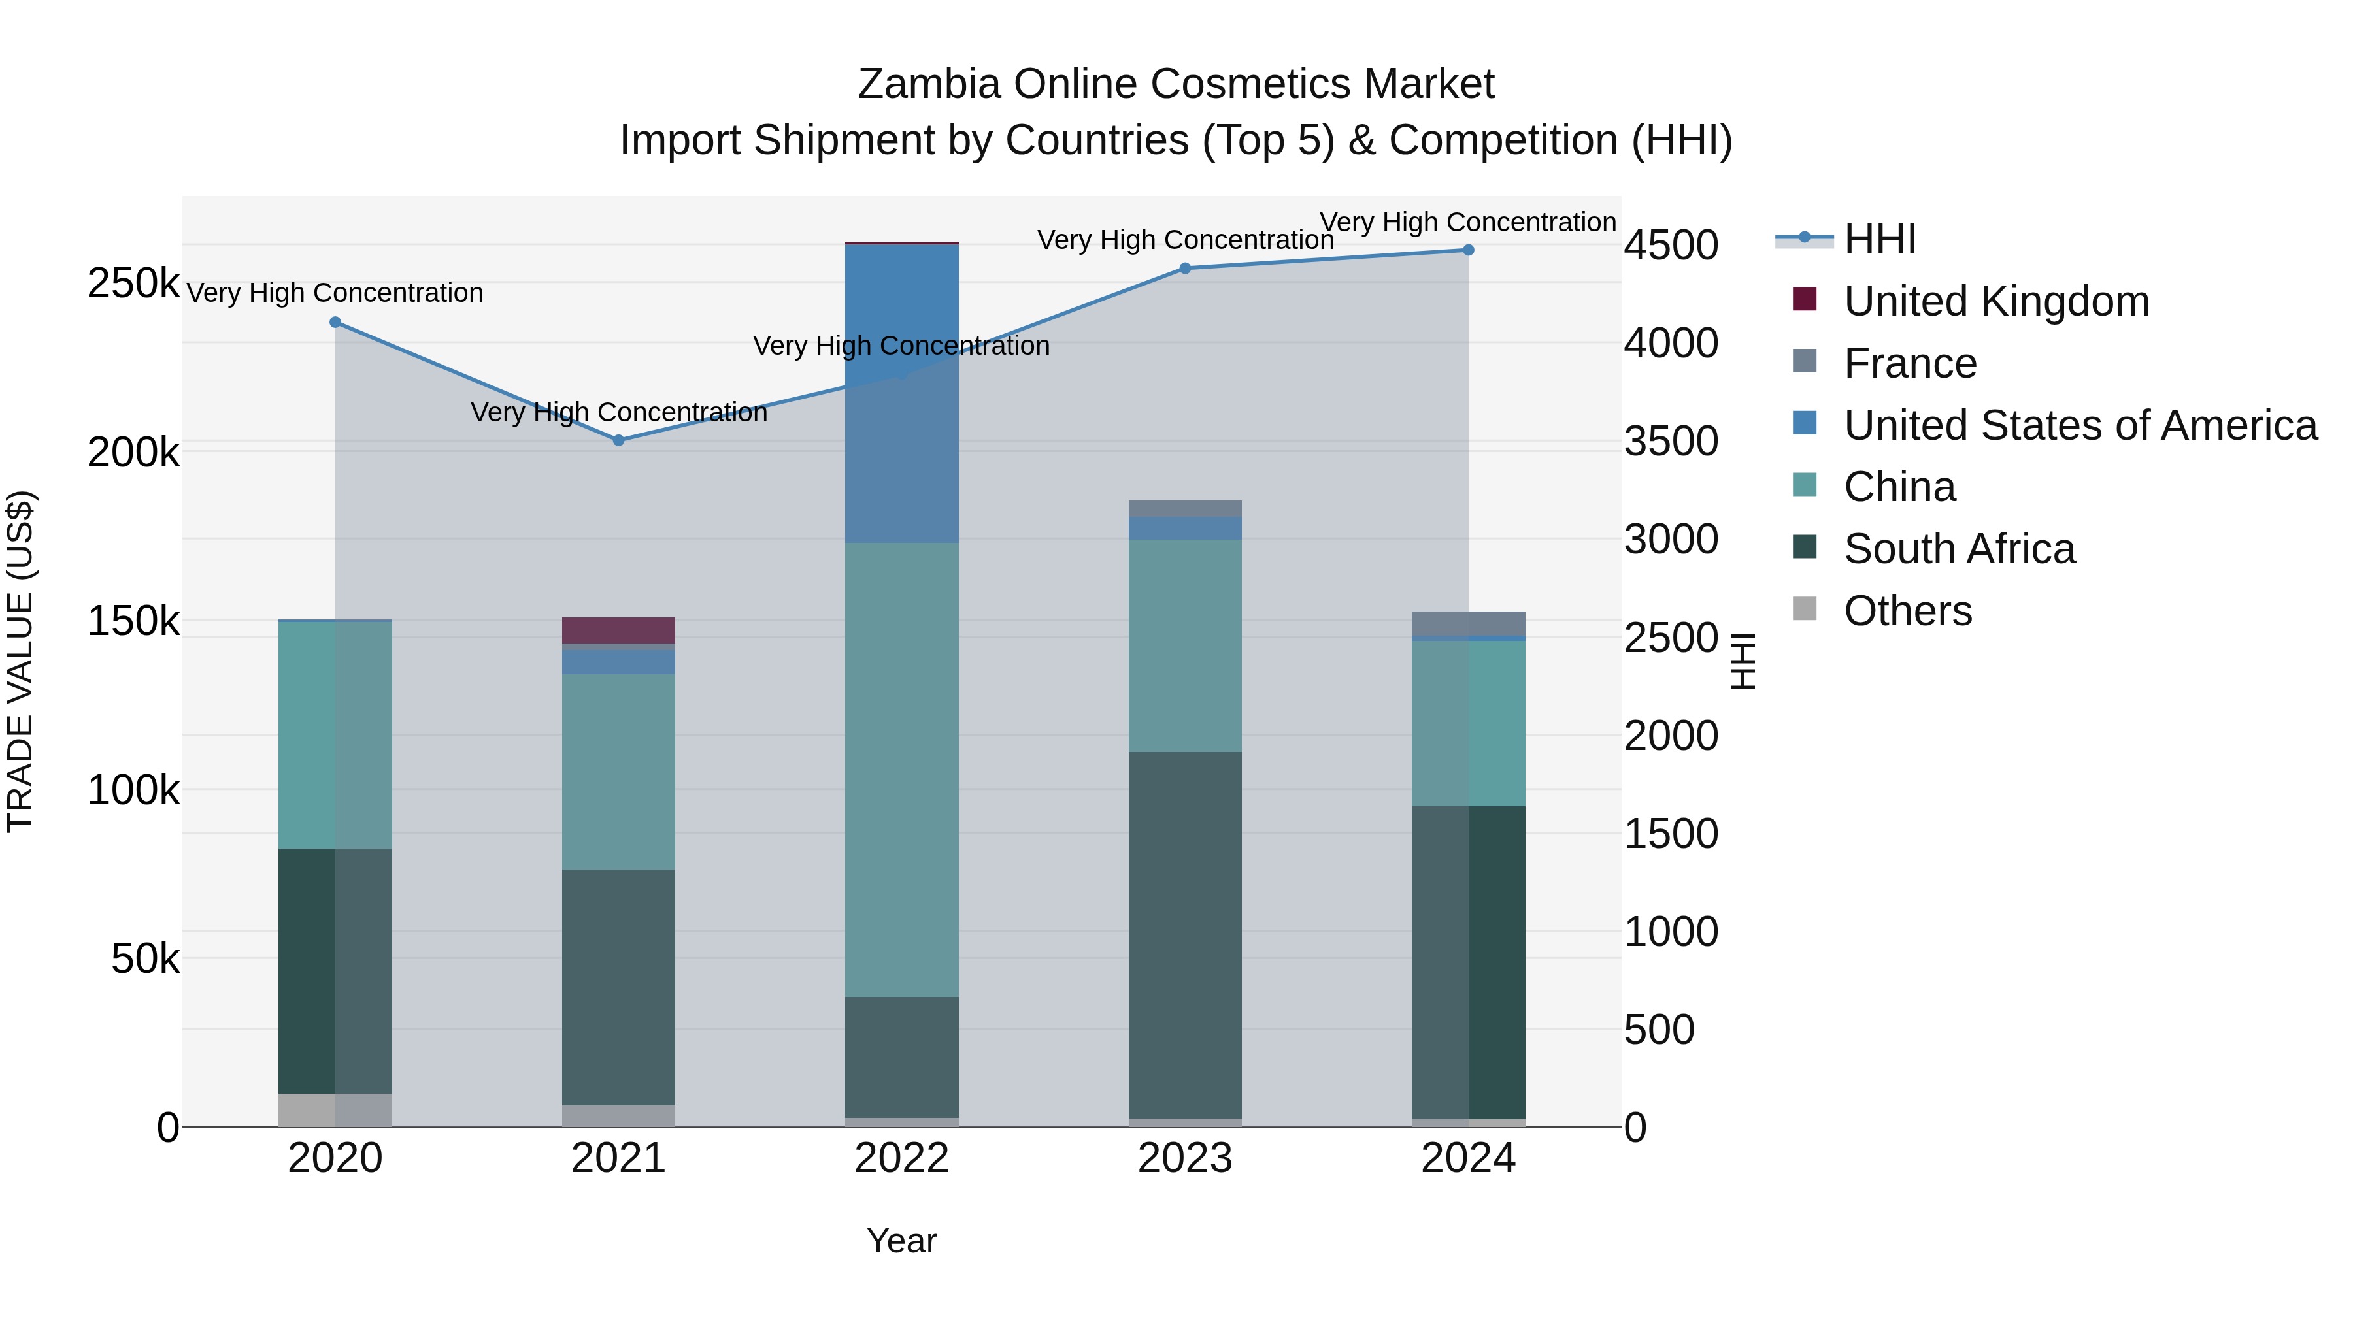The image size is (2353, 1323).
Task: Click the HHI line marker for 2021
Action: [x=618, y=440]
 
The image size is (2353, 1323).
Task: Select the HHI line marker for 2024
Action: [x=1468, y=250]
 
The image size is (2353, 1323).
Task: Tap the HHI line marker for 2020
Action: [x=335, y=322]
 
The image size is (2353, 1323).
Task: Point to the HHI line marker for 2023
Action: [x=1185, y=269]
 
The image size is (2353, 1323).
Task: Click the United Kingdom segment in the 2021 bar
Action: [x=618, y=630]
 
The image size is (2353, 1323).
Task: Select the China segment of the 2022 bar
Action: [x=901, y=769]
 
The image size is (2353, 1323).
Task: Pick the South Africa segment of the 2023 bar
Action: [x=1185, y=934]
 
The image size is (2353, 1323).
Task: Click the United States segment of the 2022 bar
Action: [x=901, y=393]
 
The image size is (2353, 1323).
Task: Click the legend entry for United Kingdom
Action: [x=1996, y=301]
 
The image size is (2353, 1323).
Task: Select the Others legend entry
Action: [x=1907, y=611]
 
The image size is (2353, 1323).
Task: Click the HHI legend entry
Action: [x=1879, y=239]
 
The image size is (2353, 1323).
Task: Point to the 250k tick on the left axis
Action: [x=133, y=283]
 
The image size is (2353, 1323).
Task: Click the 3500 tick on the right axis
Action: [x=1671, y=441]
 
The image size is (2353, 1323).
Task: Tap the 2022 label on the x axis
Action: [x=901, y=1158]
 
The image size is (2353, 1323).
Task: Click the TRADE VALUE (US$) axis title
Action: [x=21, y=661]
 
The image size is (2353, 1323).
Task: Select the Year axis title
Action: [x=901, y=1241]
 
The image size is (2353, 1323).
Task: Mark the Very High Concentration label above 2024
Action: [x=1468, y=222]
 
